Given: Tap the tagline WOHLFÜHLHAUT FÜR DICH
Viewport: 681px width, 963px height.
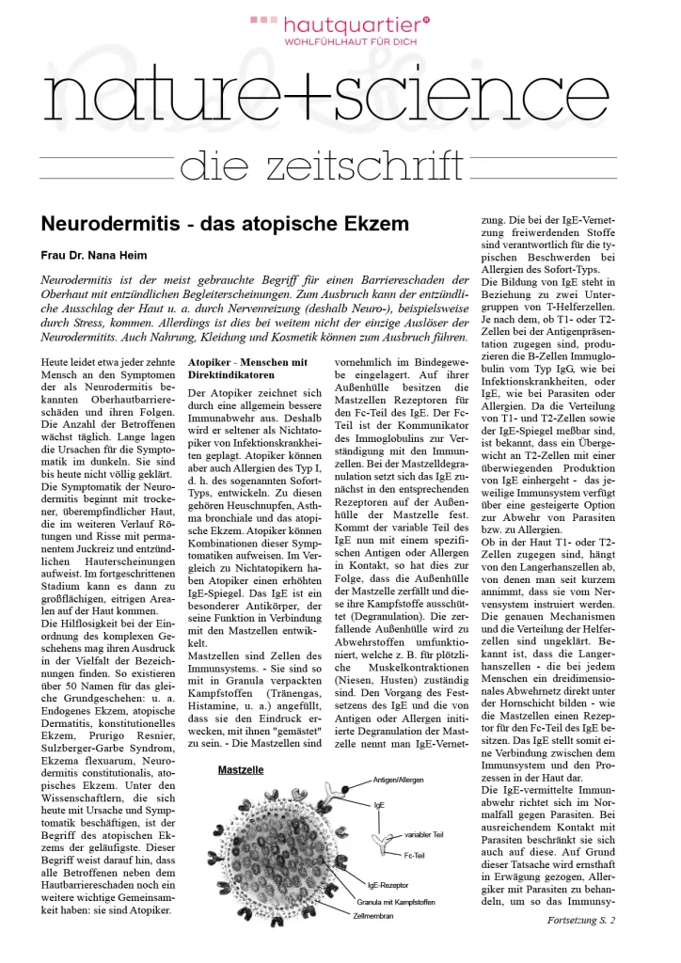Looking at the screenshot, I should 353,42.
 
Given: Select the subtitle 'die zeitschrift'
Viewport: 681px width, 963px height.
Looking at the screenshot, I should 321,166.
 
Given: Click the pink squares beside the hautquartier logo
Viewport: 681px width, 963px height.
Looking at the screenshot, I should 262,20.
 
